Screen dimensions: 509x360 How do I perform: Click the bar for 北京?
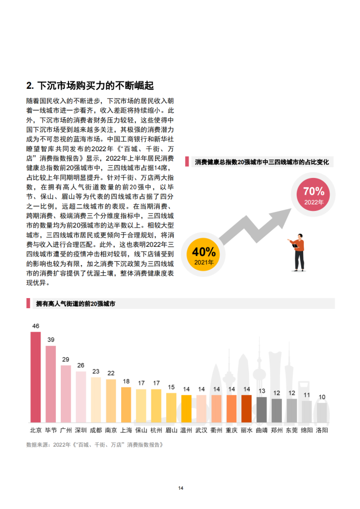point(35,377)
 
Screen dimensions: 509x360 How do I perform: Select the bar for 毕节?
point(51,384)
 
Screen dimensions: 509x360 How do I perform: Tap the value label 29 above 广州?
point(66,359)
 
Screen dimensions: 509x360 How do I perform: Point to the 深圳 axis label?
point(81,430)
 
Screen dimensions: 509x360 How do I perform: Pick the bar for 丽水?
point(246,409)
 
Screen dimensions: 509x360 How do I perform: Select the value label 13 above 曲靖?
point(262,391)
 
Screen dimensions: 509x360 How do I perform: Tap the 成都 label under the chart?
point(96,430)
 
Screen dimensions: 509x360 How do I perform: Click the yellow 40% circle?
point(204,254)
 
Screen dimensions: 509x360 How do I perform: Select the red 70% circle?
point(313,194)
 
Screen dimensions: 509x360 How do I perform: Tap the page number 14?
point(181,488)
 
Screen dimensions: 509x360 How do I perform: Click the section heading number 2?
point(29,85)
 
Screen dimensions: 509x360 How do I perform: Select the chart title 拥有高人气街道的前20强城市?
point(76,304)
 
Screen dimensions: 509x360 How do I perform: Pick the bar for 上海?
point(126,405)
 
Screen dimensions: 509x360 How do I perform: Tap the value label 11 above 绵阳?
point(307,394)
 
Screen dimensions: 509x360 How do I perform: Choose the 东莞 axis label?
point(292,430)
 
